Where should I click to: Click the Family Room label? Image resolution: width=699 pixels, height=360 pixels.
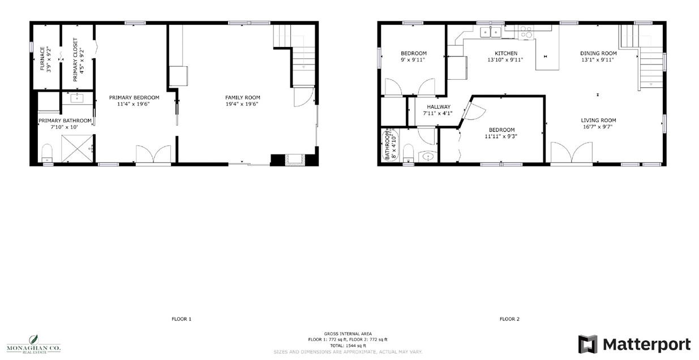tap(242, 97)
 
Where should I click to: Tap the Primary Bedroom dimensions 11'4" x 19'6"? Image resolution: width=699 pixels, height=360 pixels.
tap(134, 105)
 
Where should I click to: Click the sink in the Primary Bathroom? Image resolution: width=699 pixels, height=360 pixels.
tap(78, 98)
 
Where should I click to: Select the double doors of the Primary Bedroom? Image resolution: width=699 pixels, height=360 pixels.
tap(153, 155)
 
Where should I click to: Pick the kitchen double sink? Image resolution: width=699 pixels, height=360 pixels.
tap(490, 32)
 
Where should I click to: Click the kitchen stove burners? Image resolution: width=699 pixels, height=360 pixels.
tap(526, 32)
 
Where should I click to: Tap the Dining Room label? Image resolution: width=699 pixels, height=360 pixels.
tap(598, 53)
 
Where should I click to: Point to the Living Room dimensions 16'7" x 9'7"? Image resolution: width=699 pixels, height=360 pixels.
tap(598, 127)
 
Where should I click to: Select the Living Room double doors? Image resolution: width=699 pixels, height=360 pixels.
tap(572, 154)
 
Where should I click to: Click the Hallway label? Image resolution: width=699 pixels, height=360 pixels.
tap(439, 106)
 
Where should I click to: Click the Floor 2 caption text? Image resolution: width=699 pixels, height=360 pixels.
tap(509, 319)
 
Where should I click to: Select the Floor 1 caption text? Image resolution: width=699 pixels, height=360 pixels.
tap(181, 319)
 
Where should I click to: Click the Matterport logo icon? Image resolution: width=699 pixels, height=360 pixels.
tap(587, 344)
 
